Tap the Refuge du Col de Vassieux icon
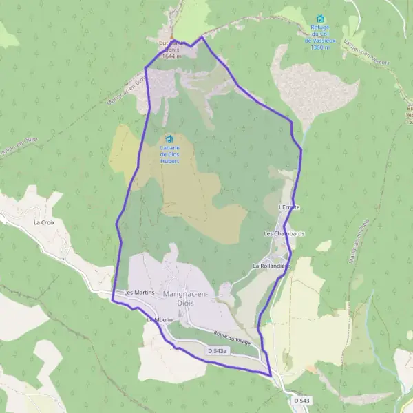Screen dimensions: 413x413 pyautogui.click(x=319, y=19)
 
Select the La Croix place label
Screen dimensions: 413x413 pyautogui.click(x=43, y=223)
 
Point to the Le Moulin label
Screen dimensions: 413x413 pyautogui.click(x=158, y=320)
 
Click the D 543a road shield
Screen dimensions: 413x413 pyautogui.click(x=217, y=351)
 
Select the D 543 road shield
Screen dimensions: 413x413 pyautogui.click(x=301, y=400)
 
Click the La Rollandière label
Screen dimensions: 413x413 pyautogui.click(x=271, y=265)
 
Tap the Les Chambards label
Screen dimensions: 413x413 pyautogui.click(x=284, y=234)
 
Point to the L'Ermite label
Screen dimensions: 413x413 pyautogui.click(x=289, y=206)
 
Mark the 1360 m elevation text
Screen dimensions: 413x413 pyautogui.click(x=319, y=47)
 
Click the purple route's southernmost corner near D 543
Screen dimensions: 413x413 pyautogui.click(x=270, y=375)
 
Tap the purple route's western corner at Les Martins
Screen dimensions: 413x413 pyautogui.click(x=112, y=299)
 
